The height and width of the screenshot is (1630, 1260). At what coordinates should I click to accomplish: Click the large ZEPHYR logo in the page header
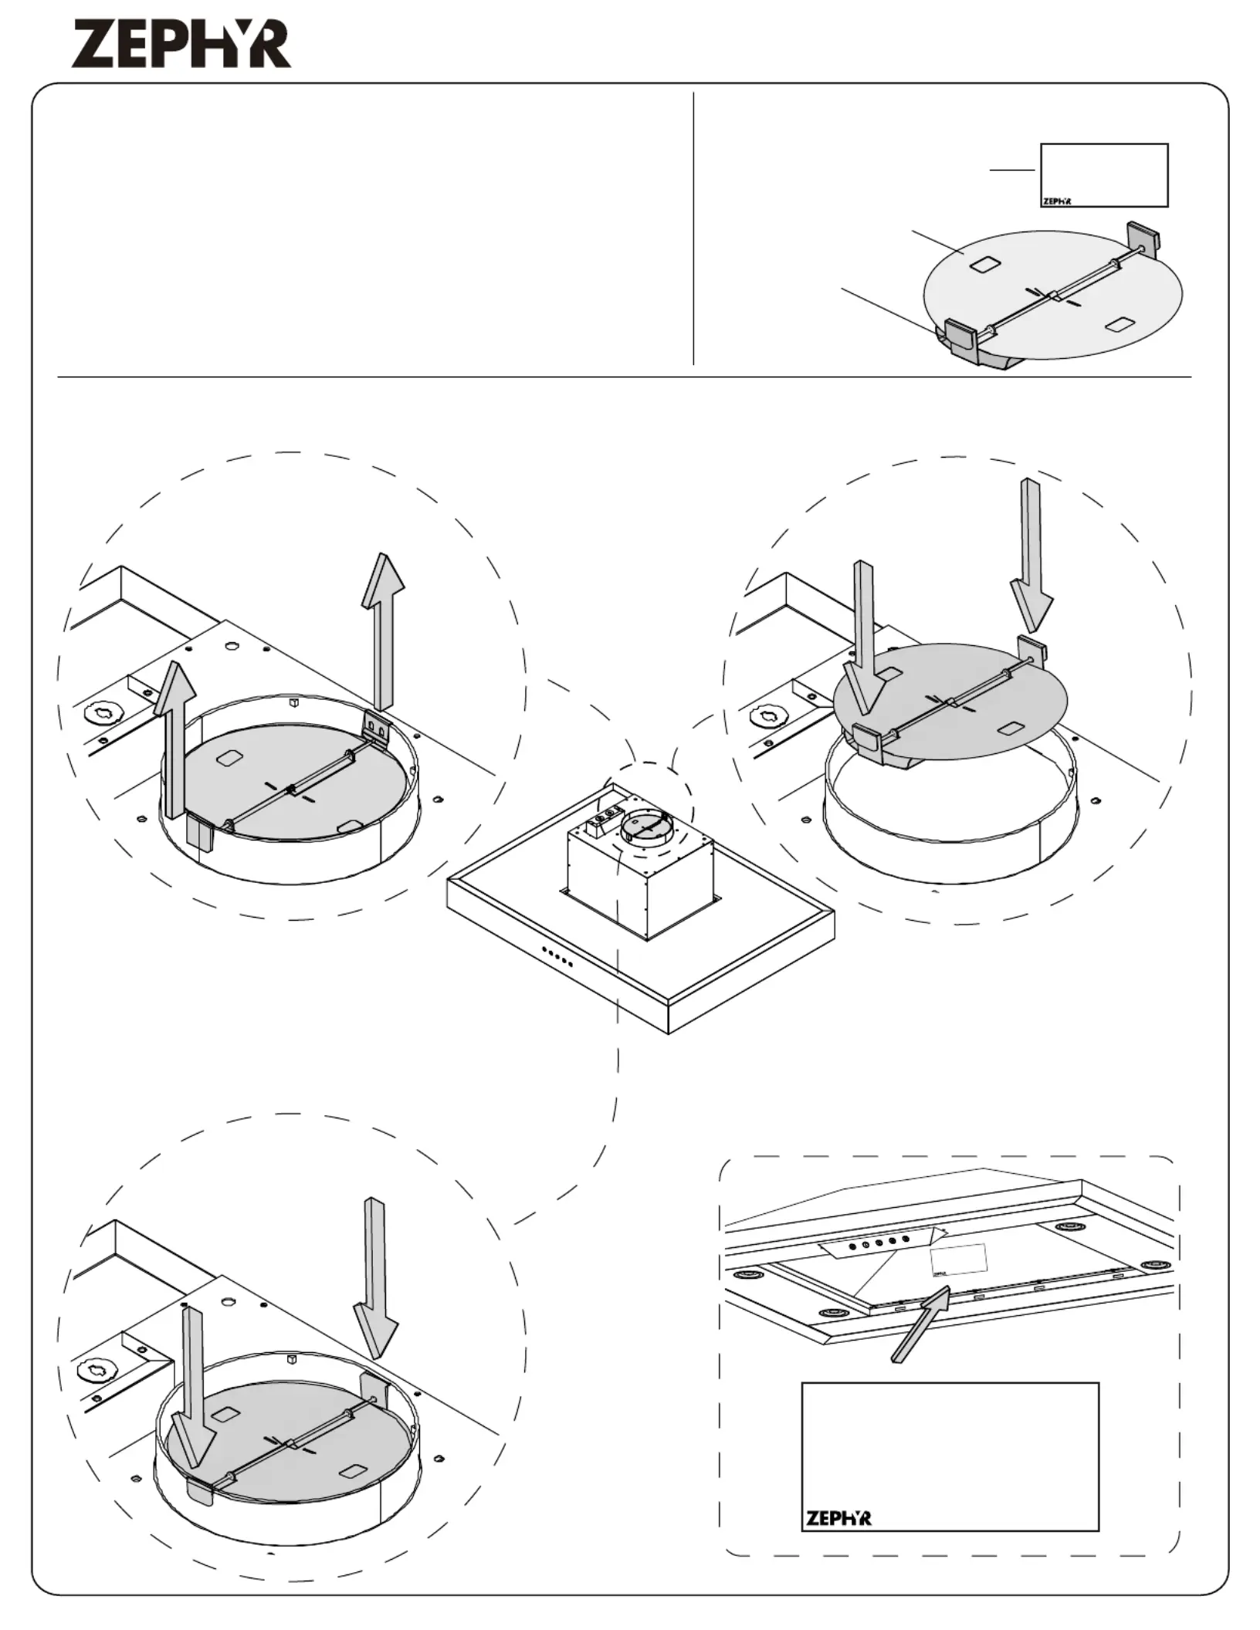coord(182,45)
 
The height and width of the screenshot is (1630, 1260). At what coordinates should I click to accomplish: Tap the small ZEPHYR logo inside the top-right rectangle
coord(1057,201)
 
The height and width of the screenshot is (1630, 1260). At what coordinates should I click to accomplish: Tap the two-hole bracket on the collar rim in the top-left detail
coord(377,729)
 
